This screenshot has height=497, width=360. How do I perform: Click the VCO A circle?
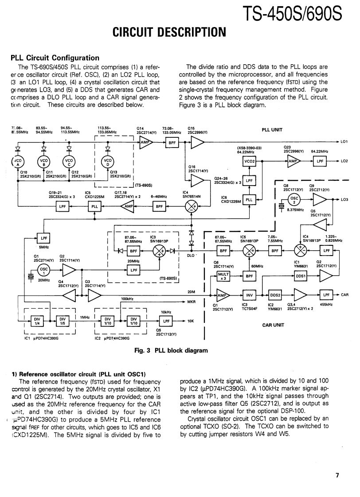click(x=19, y=162)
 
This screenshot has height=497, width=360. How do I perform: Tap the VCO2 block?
click(x=249, y=162)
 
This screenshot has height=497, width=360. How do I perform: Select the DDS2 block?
click(x=275, y=295)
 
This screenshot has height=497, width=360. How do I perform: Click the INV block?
click(x=249, y=295)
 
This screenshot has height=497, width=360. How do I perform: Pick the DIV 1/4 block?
click(x=36, y=321)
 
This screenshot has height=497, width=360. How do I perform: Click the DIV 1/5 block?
click(x=63, y=321)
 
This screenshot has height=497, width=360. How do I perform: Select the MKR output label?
click(x=192, y=302)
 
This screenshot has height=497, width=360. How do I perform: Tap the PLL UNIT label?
click(x=272, y=130)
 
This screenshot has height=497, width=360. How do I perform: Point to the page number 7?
click(x=337, y=475)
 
